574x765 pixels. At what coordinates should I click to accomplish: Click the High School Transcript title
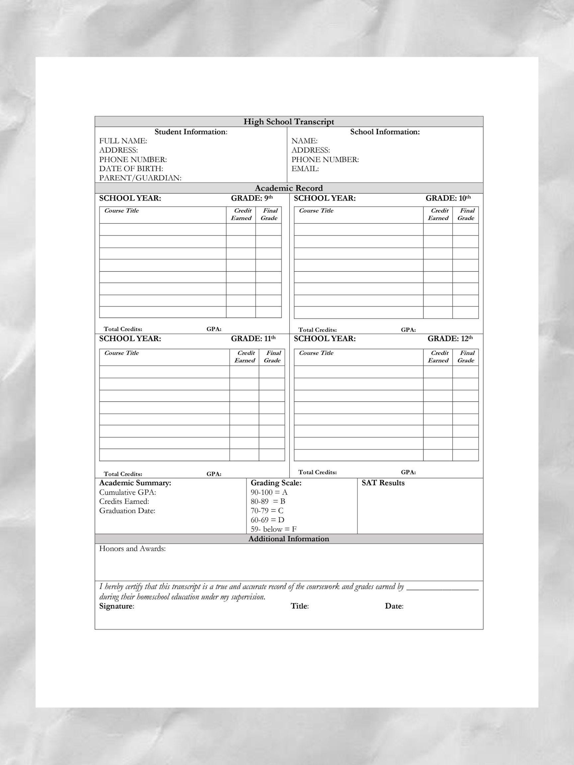(x=289, y=122)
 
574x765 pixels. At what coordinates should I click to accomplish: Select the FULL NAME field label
(x=123, y=141)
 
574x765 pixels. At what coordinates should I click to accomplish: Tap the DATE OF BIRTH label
(x=131, y=169)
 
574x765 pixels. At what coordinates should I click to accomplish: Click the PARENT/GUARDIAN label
(x=140, y=178)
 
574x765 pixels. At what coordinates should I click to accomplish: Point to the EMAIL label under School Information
(x=305, y=169)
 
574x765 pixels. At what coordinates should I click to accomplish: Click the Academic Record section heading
(x=289, y=188)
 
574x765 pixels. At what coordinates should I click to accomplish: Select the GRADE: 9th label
(x=252, y=198)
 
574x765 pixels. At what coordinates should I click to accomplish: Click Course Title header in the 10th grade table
(x=316, y=211)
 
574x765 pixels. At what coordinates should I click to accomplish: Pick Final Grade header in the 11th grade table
(x=272, y=357)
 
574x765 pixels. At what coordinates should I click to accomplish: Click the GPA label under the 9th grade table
(x=214, y=329)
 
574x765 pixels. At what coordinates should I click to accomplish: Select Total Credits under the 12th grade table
(x=317, y=472)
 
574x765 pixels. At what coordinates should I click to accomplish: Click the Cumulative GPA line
(x=128, y=492)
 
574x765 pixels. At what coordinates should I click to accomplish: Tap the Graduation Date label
(x=127, y=511)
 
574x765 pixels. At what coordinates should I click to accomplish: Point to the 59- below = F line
(x=273, y=529)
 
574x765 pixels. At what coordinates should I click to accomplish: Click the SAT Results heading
(x=383, y=483)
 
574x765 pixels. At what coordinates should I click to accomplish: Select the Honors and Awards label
(x=133, y=549)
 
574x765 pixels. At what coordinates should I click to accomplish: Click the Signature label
(x=117, y=606)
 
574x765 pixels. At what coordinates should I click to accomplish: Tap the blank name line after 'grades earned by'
(x=442, y=588)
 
